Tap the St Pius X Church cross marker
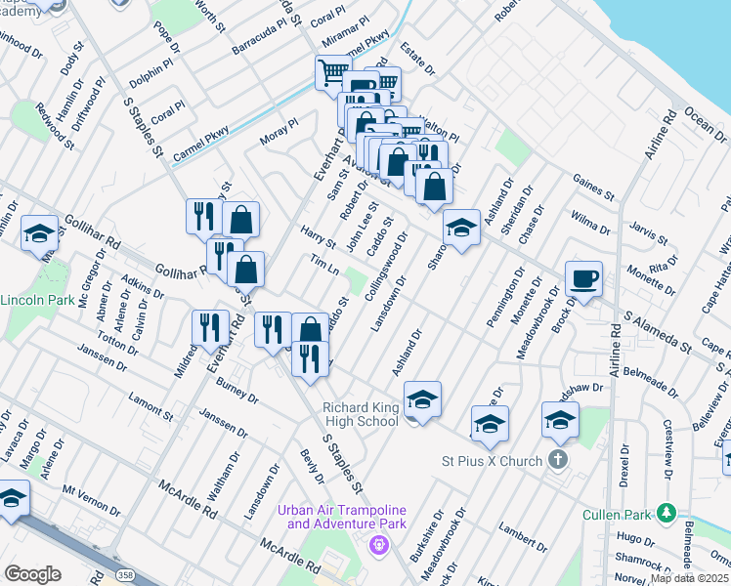click(558, 458)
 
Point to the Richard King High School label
click(361, 414)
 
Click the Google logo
click(32, 574)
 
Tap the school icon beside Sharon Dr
click(460, 229)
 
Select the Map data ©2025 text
click(689, 578)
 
